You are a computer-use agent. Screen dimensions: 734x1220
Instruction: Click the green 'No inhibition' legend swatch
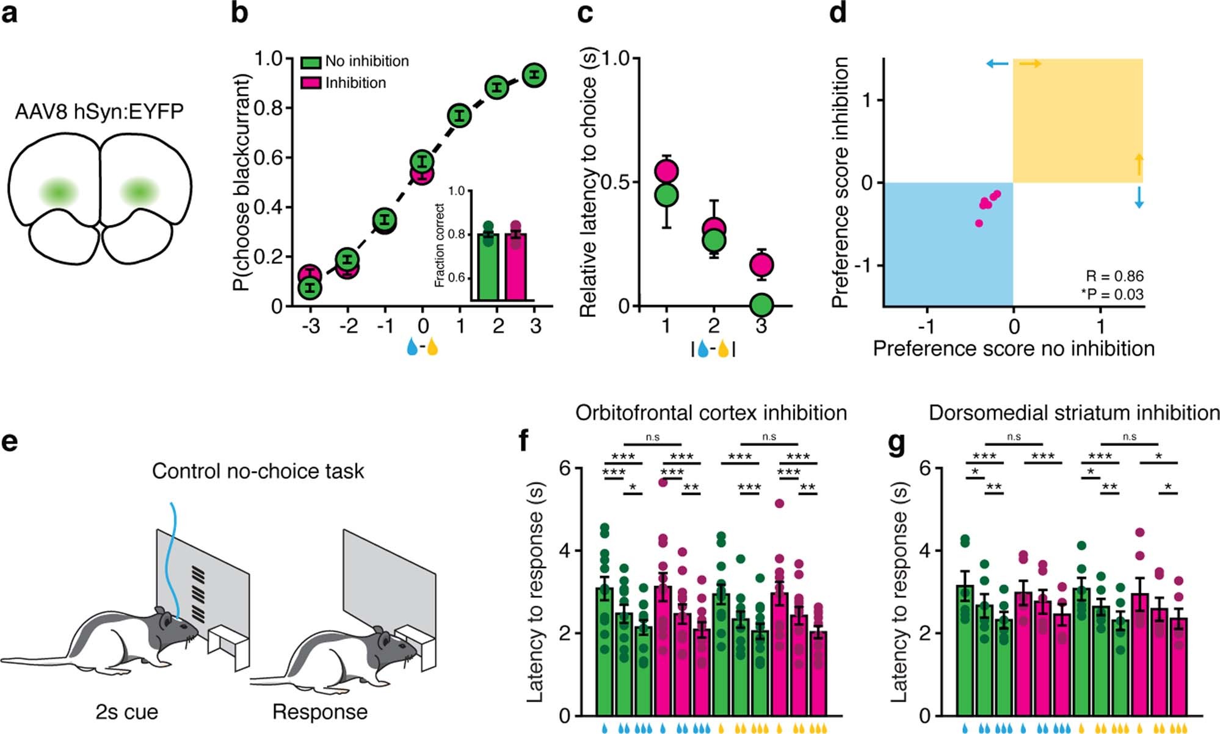click(311, 62)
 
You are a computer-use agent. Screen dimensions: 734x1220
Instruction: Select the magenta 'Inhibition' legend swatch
click(311, 82)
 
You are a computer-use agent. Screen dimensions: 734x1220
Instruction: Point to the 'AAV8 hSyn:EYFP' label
click(99, 112)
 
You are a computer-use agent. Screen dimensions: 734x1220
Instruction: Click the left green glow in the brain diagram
click(59, 192)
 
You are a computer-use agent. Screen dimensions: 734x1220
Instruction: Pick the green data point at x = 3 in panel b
click(534, 75)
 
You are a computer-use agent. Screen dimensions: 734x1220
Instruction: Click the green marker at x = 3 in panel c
click(761, 304)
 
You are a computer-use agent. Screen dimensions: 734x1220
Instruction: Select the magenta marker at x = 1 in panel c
click(666, 171)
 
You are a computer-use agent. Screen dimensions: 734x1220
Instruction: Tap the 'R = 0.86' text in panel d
click(1114, 276)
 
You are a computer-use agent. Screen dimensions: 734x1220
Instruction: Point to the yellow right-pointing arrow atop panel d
click(1030, 64)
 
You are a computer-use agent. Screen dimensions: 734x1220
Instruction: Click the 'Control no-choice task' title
click(258, 471)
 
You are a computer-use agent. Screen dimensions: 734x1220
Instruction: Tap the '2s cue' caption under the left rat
click(126, 712)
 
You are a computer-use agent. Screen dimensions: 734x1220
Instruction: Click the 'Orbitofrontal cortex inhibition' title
click(711, 413)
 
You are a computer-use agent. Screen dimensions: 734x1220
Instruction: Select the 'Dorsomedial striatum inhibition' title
click(1074, 413)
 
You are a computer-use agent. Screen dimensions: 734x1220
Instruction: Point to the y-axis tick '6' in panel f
click(565, 469)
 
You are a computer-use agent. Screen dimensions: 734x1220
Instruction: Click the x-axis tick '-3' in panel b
click(310, 326)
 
